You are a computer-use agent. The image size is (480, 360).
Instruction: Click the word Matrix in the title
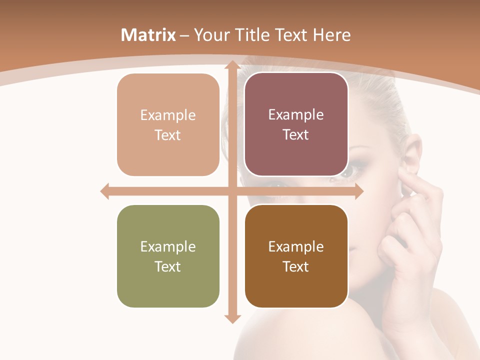pyautogui.click(x=148, y=35)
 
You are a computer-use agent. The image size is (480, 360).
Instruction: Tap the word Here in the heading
pyautogui.click(x=331, y=35)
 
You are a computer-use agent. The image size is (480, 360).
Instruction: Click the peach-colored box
pyautogui.click(x=168, y=124)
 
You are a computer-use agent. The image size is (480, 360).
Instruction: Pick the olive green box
pyautogui.click(x=168, y=256)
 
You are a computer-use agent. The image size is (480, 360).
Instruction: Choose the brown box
pyautogui.click(x=296, y=256)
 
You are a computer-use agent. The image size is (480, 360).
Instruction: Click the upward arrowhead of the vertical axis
pyautogui.click(x=231, y=65)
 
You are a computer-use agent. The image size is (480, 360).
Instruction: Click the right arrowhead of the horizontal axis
pyautogui.click(x=358, y=191)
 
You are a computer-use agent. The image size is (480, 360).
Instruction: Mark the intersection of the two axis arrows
pyautogui.click(x=231, y=191)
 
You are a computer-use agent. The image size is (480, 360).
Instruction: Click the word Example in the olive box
pyautogui.click(x=168, y=246)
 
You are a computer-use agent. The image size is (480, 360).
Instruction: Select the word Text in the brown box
pyautogui.click(x=296, y=266)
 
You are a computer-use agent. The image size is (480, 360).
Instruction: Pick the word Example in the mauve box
pyautogui.click(x=296, y=114)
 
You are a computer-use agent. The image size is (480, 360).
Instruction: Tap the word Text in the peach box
pyautogui.click(x=168, y=135)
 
